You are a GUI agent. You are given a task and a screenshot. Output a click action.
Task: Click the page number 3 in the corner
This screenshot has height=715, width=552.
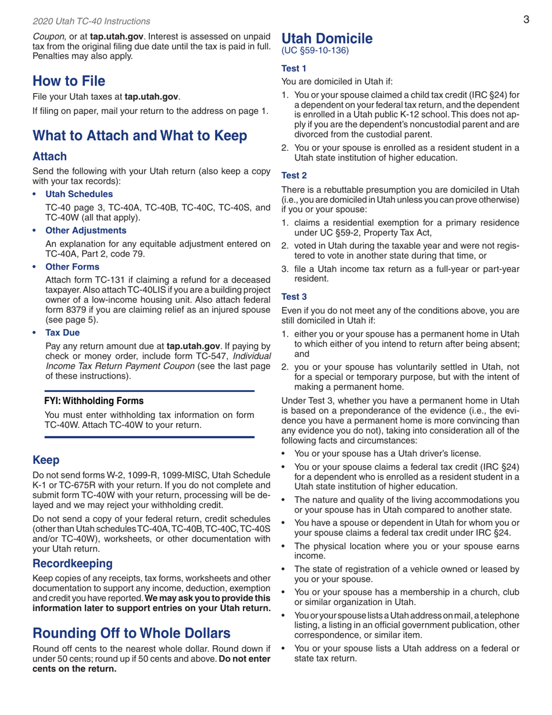525,20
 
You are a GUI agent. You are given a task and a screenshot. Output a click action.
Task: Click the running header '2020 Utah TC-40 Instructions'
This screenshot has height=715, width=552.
91,22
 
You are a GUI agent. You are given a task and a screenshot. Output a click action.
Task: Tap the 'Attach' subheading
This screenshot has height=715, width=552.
49,157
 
